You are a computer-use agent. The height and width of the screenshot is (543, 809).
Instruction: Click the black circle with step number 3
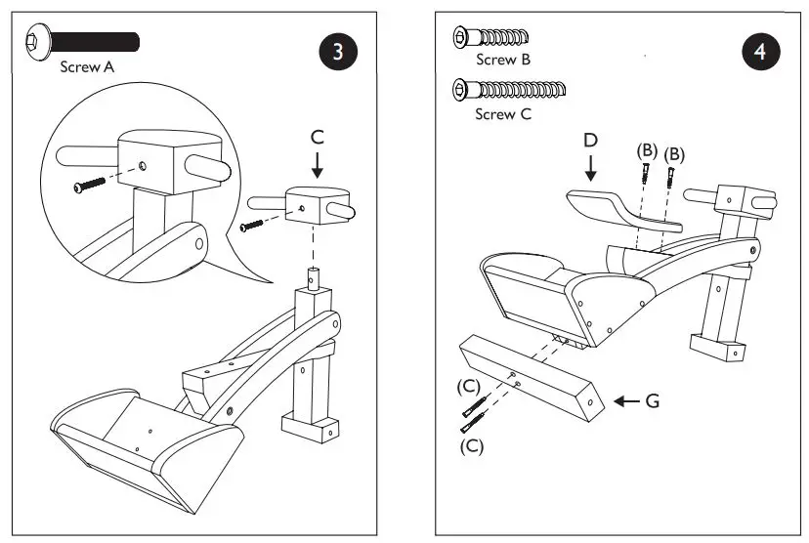(x=338, y=52)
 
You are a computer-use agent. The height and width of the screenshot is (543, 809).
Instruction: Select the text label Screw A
(x=87, y=67)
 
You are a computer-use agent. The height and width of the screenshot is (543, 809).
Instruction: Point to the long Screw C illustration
(x=509, y=91)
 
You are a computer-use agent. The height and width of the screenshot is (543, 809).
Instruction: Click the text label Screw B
(x=503, y=60)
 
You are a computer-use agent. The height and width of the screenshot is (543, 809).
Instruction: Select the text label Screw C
(x=503, y=114)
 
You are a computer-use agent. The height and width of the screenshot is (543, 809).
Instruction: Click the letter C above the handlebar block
(x=317, y=138)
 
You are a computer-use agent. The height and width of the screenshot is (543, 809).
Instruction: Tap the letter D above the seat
(x=590, y=140)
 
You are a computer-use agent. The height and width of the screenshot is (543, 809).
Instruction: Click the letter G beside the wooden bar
(x=652, y=401)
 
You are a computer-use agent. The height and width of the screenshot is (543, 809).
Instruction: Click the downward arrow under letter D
(x=590, y=170)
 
